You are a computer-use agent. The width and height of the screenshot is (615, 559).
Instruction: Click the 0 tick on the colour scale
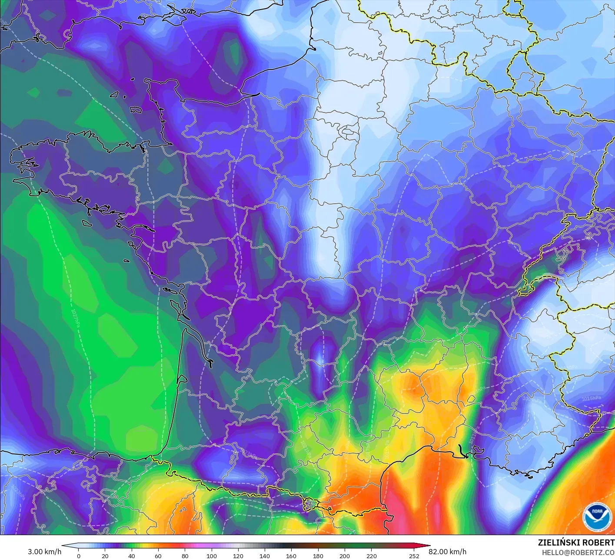coord(78,556)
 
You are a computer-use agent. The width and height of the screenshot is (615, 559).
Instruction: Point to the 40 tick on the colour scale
coord(131,556)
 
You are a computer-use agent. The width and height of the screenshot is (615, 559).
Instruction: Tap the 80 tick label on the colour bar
coord(185,556)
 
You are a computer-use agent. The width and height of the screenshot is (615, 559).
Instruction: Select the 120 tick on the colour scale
coord(238,556)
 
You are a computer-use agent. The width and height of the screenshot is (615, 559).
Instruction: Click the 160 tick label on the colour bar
coord(291,556)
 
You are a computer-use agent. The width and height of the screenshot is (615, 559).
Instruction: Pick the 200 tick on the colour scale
coord(344,556)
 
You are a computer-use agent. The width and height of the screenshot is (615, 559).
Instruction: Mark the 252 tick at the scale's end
coord(414,556)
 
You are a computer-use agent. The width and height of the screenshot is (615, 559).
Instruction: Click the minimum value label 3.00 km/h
coord(44,552)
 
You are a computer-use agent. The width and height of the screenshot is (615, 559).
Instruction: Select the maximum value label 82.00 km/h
coord(447,552)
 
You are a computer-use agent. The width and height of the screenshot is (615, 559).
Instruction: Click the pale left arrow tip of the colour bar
coord(65,546)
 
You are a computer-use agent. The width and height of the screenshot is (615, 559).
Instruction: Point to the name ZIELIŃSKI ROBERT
coord(576,542)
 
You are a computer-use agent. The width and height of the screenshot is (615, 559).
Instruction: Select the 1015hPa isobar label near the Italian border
coord(592,398)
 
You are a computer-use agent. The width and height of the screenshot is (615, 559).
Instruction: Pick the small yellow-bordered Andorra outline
coord(309,504)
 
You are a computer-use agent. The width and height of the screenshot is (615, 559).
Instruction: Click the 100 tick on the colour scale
coord(211,556)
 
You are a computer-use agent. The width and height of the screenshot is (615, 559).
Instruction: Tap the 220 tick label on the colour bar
coord(371,556)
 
